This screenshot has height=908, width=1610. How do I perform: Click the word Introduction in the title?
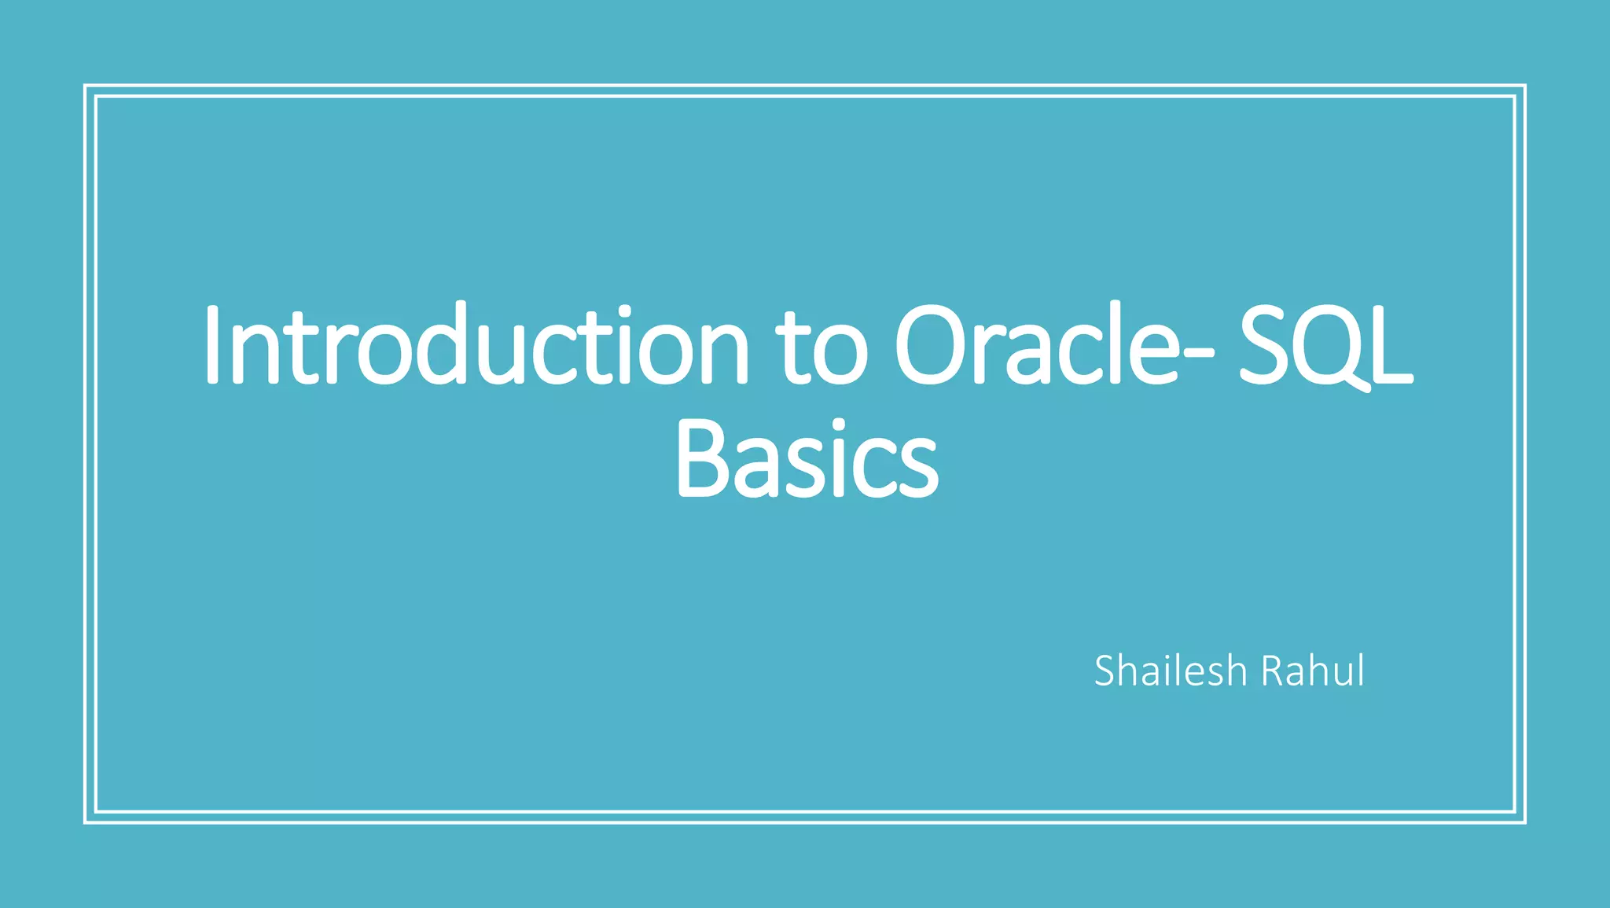(x=476, y=346)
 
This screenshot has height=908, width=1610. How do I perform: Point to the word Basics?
(x=807, y=460)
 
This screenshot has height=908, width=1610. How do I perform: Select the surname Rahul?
(x=1313, y=671)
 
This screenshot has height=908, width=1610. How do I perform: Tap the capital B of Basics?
(x=703, y=459)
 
